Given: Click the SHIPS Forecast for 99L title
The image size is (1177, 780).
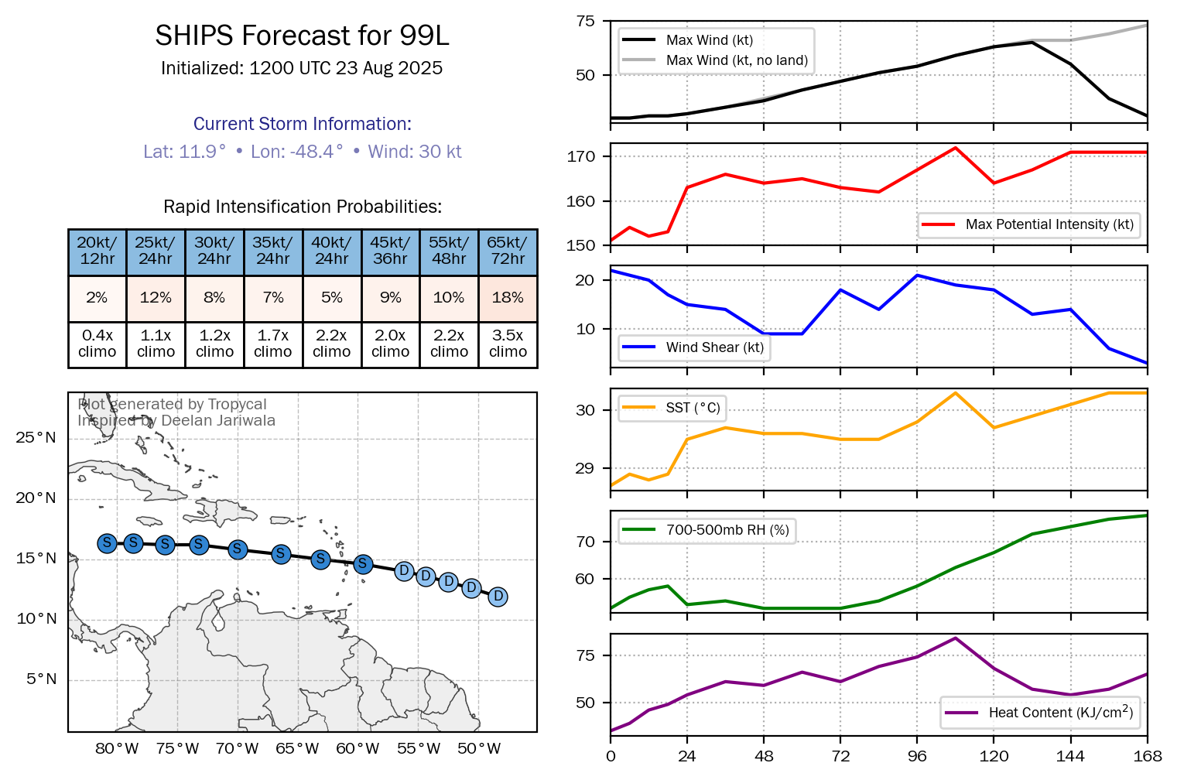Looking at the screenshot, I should coord(302,36).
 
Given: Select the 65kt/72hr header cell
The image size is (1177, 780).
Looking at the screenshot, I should coord(508,251).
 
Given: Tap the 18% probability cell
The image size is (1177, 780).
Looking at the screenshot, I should coord(508,298).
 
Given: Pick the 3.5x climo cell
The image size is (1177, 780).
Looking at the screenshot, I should coord(508,344).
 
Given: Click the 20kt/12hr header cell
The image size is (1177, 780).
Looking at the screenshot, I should coord(98,251).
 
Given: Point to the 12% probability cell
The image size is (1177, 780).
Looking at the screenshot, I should coord(156,298).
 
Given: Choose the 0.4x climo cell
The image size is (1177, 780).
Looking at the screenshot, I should coord(98,344).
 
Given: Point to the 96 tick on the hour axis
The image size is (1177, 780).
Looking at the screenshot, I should coord(917,756).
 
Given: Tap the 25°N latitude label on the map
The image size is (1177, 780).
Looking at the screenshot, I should coord(36,438).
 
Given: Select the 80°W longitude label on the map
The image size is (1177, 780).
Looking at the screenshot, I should coord(117,748).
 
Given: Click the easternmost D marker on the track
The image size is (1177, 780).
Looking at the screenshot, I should coord(498,597).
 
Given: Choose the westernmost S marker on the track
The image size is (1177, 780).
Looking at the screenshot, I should coord(108,543).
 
